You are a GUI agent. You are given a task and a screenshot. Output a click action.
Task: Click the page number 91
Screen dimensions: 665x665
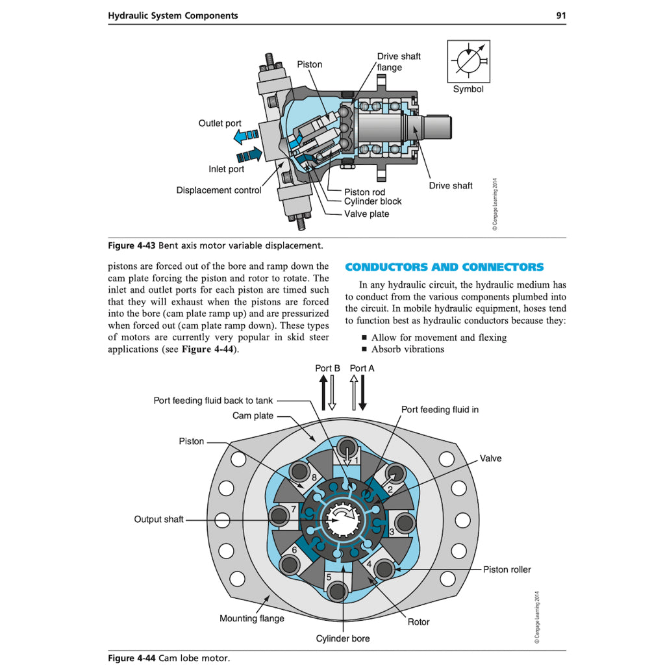point(560,16)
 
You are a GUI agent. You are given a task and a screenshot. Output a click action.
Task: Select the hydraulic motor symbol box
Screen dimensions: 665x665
point(468,61)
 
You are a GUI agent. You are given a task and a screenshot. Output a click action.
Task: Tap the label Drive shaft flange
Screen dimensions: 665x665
point(398,62)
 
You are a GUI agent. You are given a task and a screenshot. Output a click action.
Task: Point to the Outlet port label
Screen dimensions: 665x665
point(220,123)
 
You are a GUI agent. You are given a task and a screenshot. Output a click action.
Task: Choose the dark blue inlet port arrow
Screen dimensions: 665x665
point(249,155)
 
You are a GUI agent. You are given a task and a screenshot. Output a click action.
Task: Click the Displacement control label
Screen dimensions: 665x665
point(219,190)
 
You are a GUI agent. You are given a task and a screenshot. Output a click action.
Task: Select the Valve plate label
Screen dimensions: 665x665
point(366,214)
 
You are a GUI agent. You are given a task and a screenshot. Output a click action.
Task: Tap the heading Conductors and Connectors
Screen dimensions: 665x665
point(444,267)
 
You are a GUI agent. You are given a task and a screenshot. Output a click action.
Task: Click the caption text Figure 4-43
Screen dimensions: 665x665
point(131,245)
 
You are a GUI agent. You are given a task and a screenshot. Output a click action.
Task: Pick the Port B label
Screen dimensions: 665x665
point(327,368)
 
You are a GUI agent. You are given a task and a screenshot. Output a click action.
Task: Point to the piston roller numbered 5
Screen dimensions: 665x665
point(337,592)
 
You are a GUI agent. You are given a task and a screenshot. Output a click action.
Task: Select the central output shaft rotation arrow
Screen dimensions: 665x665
point(342,518)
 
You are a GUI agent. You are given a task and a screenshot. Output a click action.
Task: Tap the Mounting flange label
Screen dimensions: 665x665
point(251,618)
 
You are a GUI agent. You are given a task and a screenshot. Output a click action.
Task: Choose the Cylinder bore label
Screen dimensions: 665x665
point(342,638)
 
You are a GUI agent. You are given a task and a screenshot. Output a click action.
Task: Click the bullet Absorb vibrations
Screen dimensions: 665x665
point(407,349)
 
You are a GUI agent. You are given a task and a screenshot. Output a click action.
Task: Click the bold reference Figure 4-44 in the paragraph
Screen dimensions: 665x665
point(209,349)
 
